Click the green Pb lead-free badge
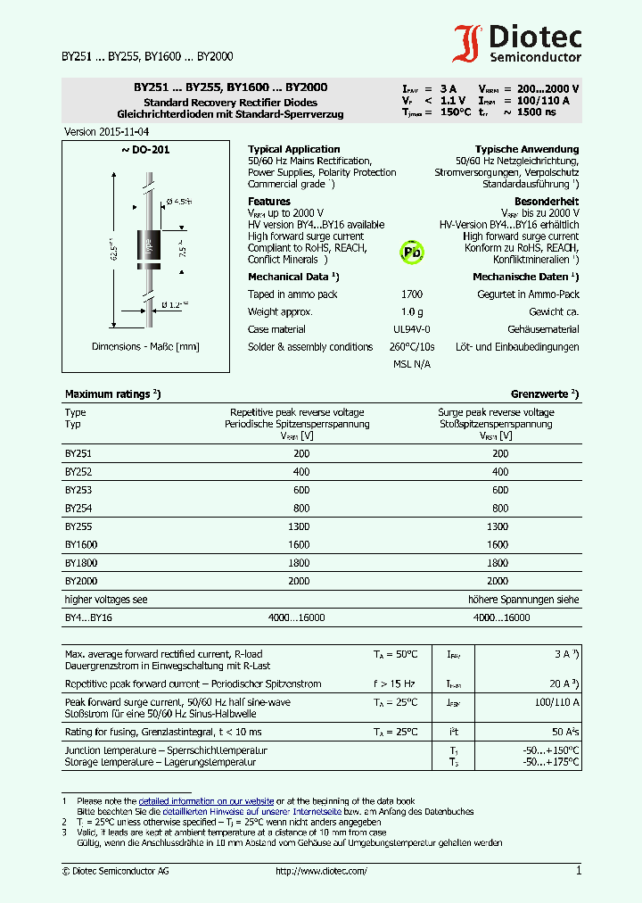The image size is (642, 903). click(412, 253)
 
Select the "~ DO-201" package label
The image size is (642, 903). click(145, 150)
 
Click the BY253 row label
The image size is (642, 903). click(78, 490)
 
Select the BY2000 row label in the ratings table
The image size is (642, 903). click(80, 581)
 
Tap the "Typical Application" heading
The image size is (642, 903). click(293, 149)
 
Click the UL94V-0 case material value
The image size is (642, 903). click(412, 329)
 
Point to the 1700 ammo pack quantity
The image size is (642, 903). click(412, 294)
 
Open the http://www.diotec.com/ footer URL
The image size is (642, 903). click(321, 871)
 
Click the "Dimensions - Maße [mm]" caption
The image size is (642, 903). click(145, 346)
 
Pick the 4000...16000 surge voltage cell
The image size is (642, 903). click(500, 617)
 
